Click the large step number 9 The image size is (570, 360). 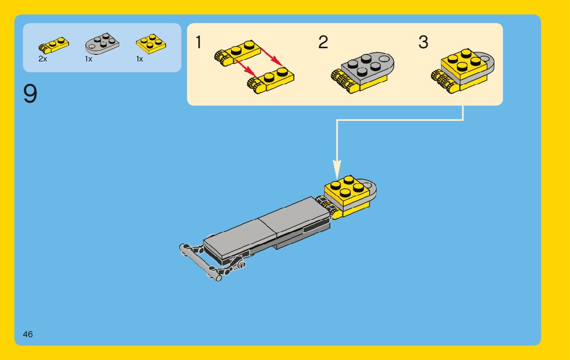click(30, 94)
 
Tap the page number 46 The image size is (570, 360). click(27, 334)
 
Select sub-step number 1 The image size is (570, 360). click(198, 42)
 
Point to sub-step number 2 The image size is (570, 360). click(323, 42)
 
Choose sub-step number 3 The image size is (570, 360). click(423, 42)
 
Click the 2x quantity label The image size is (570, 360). click(43, 59)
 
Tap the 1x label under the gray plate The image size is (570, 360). click(88, 59)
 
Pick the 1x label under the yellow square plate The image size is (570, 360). click(140, 59)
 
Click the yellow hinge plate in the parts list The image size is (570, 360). click(53, 45)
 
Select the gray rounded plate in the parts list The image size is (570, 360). click(102, 44)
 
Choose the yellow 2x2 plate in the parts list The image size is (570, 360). click(151, 44)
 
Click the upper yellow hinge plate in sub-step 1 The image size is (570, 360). click(238, 53)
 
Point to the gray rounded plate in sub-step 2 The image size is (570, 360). click(367, 67)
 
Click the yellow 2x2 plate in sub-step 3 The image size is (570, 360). click(464, 63)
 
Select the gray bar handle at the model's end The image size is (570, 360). click(200, 263)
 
